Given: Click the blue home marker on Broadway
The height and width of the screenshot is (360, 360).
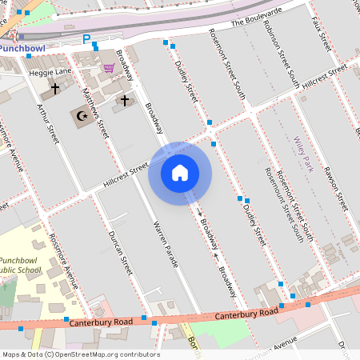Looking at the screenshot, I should (x=180, y=172).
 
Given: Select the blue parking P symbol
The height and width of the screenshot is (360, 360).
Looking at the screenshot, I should (x=86, y=38).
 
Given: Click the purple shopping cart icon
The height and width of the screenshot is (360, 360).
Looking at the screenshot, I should (x=108, y=68).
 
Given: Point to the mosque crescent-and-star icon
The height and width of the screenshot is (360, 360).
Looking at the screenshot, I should (x=80, y=115).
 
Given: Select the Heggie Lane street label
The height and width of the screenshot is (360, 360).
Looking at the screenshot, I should (x=50, y=72).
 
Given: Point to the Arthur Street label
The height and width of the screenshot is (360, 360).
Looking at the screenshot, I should (x=49, y=123).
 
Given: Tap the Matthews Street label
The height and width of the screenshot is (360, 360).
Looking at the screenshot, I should (x=97, y=115).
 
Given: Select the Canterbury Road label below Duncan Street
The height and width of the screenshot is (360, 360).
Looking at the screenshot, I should (x=101, y=322).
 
